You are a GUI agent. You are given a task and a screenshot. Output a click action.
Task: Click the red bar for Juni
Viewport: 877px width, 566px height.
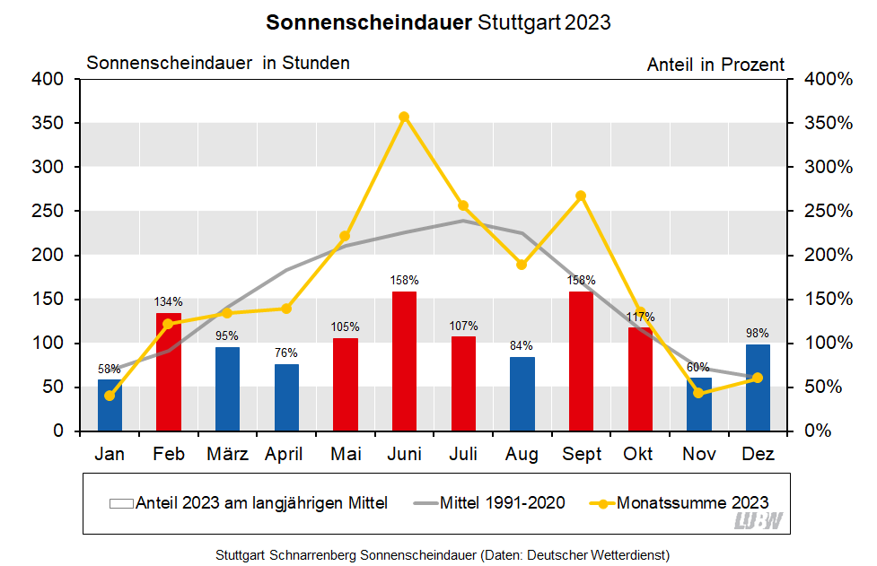point(404,361)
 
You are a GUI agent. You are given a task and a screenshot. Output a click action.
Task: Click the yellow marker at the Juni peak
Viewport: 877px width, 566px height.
point(404,117)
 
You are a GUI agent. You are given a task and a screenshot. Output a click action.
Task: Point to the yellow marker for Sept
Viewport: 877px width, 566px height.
point(581,196)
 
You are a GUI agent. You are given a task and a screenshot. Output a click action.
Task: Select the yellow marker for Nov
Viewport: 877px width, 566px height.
point(698,393)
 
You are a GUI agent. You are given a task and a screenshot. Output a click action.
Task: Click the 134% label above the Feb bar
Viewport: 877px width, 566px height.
point(169,301)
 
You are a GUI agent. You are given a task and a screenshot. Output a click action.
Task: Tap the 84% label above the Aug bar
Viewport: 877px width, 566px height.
point(522,345)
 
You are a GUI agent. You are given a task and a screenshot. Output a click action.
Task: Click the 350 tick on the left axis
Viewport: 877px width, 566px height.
point(50,123)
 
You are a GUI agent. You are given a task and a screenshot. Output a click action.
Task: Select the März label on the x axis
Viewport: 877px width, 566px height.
point(227,455)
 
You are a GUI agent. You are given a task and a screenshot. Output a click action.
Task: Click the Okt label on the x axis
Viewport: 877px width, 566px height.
point(640,455)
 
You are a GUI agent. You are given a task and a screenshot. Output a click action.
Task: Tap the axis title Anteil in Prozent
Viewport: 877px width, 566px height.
point(715,65)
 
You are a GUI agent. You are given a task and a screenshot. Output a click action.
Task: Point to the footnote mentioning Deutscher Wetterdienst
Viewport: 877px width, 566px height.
point(443,554)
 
